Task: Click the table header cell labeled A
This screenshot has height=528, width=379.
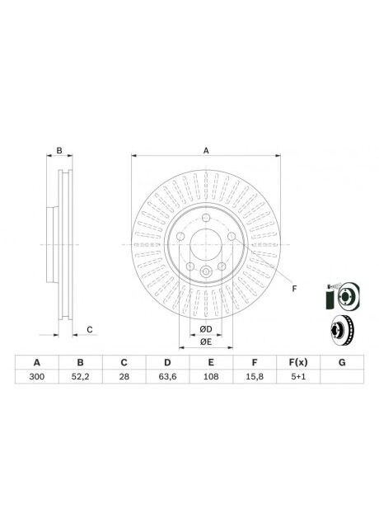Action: tap(36, 363)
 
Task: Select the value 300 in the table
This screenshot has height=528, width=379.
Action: tap(36, 377)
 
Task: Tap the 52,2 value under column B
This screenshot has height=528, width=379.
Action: tap(80, 377)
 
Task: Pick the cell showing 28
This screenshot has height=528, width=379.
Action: tap(124, 377)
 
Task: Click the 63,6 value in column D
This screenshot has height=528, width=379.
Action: tap(167, 377)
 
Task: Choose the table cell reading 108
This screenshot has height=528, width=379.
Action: tap(211, 377)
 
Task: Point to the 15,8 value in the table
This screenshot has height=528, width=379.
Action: tap(255, 377)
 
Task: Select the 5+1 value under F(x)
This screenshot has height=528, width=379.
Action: tap(297, 377)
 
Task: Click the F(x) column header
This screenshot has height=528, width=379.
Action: tap(297, 363)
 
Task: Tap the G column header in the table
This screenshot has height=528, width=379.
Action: tap(341, 363)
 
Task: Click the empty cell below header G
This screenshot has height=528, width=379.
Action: tap(341, 377)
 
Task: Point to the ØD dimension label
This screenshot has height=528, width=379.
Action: tap(205, 330)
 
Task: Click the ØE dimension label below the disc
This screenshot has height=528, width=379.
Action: tap(205, 342)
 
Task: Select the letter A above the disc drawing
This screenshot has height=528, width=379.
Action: tap(206, 150)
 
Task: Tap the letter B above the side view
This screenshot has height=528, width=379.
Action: tap(58, 150)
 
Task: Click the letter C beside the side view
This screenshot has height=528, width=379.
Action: tap(90, 330)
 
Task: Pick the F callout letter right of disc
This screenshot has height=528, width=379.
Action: tap(293, 289)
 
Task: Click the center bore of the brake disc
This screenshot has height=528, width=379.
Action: tap(205, 245)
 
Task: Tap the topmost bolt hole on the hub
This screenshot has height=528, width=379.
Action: tap(205, 217)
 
